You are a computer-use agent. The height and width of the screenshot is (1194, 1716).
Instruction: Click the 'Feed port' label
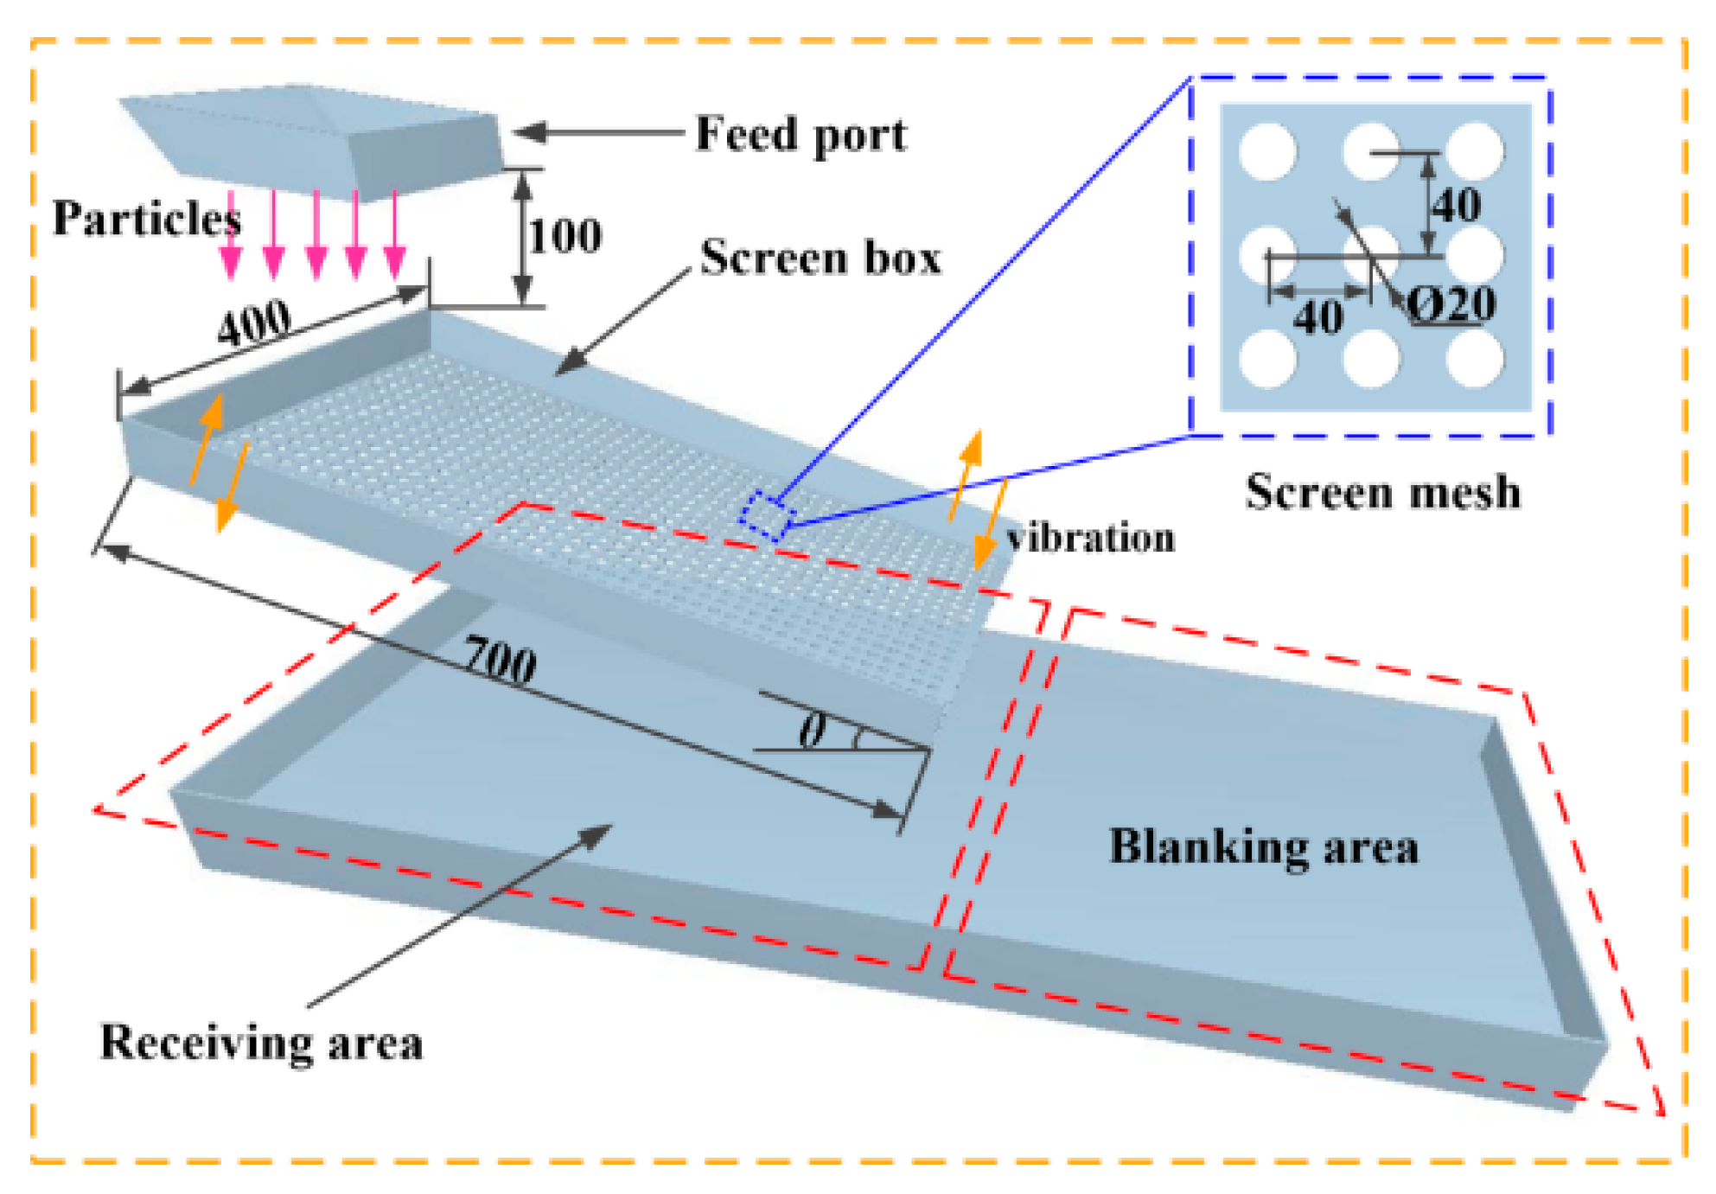801,135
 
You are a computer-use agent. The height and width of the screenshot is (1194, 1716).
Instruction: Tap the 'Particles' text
147,218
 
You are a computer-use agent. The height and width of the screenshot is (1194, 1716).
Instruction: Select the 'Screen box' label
820,258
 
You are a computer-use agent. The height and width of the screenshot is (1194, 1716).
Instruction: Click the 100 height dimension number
565,236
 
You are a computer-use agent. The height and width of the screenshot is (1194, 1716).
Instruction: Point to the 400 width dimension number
253,322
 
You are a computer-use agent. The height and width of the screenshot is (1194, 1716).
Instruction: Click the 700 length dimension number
500,661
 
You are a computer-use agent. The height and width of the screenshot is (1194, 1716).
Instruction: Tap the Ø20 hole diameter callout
1451,304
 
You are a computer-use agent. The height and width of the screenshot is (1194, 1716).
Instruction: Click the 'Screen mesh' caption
1382,492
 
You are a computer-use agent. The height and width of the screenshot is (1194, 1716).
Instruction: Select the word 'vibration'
1091,538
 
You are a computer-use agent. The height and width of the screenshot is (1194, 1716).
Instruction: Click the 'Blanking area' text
1263,846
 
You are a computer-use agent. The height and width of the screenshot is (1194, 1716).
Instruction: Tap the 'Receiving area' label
261,1041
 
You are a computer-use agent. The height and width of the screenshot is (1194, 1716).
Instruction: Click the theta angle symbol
812,731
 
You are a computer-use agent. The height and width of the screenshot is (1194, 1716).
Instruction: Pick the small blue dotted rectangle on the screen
767,515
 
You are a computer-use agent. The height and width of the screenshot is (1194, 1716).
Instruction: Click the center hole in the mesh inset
1372,253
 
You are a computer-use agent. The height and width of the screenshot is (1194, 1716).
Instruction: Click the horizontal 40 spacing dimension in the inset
1317,317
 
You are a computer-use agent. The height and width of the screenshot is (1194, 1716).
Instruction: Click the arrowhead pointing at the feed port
527,132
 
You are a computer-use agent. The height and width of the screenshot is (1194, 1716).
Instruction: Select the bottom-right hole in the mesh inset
1475,358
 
